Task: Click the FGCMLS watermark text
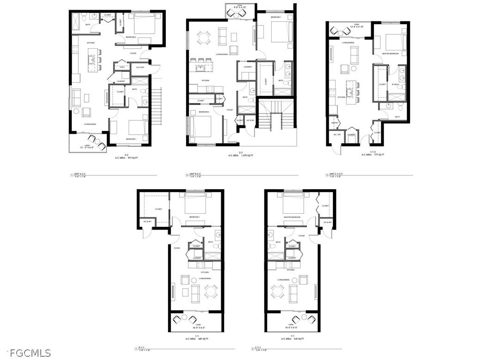[25, 353]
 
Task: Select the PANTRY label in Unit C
[335, 123]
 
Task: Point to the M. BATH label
[396, 84]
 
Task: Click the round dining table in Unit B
[202, 37]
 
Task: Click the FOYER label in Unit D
[177, 248]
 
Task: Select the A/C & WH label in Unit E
[327, 222]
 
